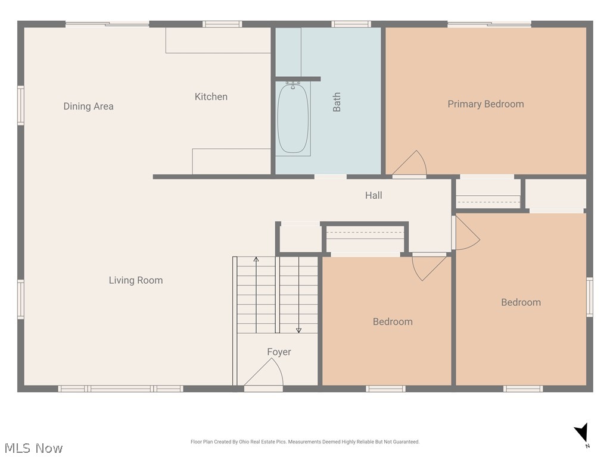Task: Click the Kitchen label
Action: [x=211, y=96]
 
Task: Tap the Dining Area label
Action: [x=88, y=106]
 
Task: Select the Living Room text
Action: [x=136, y=280]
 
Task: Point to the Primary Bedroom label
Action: [x=485, y=104]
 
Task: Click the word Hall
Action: [x=374, y=195]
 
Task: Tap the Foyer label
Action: [x=279, y=352]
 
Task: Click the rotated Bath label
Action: [x=337, y=102]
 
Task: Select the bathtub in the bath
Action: [x=293, y=118]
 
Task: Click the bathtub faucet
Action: [x=293, y=84]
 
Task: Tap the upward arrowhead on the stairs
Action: [x=256, y=259]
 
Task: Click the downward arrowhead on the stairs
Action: [x=299, y=330]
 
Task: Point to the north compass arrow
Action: [x=582, y=433]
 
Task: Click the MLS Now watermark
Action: [x=33, y=447]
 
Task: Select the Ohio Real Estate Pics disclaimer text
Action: [x=305, y=442]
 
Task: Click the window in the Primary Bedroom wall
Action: [x=490, y=24]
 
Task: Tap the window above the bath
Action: [x=351, y=24]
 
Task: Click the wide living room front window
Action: [x=120, y=389]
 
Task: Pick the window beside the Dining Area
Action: [x=21, y=105]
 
